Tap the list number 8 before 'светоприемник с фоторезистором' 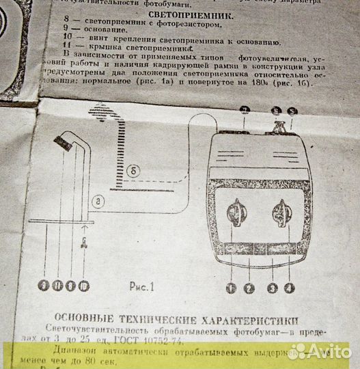tap(66, 23)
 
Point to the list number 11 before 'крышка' tap(66, 49)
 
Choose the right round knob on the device tap(282, 213)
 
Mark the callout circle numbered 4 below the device tap(290, 288)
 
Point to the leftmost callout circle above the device tap(246, 110)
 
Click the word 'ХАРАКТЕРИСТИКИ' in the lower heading tap(250, 319)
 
